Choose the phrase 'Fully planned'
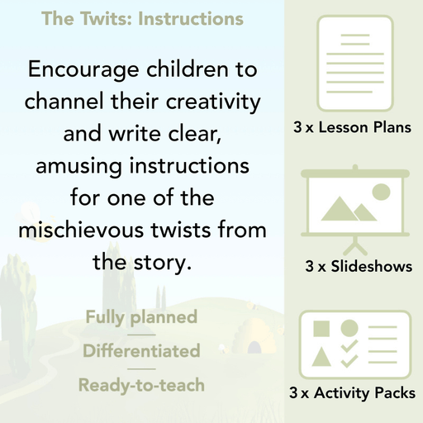point(141,316)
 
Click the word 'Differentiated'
point(141,351)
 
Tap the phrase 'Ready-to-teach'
point(141,385)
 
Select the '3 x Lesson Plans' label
point(353,128)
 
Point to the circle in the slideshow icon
point(380,192)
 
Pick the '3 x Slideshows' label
point(359,267)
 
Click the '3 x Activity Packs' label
point(353,395)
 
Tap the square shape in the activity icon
point(321,328)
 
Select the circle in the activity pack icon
point(349,328)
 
